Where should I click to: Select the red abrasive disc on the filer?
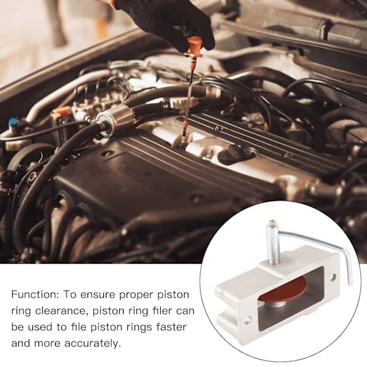click(283, 291)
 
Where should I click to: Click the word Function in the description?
click(35, 294)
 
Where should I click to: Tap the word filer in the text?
click(161, 311)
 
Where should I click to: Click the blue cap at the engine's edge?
click(13, 122)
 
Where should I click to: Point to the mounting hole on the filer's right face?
click(333, 278)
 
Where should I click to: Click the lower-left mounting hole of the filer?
click(248, 320)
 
